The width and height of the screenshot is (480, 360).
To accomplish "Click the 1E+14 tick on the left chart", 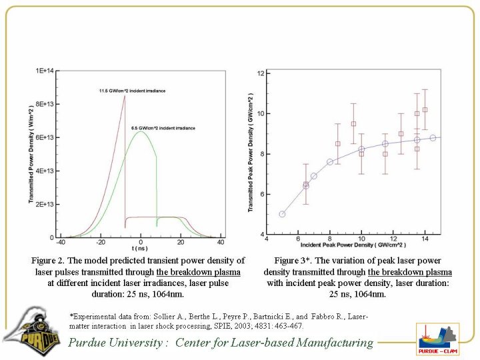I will click(x=45, y=70).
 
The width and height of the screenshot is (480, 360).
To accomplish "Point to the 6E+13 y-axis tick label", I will click(x=45, y=137).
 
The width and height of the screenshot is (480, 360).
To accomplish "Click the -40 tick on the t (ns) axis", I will click(x=61, y=243).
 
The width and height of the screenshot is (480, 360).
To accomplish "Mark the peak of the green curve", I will click(x=140, y=131).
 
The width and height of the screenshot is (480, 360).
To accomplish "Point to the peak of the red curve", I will click(x=125, y=96).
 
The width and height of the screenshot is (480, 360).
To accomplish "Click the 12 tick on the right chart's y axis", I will click(x=262, y=73).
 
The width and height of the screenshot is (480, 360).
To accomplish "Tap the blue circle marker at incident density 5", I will click(x=282, y=214).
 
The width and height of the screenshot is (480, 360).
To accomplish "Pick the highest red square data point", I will click(x=425, y=109).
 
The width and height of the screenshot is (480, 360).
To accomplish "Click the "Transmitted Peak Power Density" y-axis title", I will click(x=251, y=152).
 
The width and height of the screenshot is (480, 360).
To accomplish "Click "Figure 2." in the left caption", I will click(x=51, y=261).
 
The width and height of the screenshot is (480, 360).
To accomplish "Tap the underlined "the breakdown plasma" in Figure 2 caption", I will click(x=198, y=271).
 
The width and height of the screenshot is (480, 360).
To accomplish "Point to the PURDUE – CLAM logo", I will click(x=437, y=339).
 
